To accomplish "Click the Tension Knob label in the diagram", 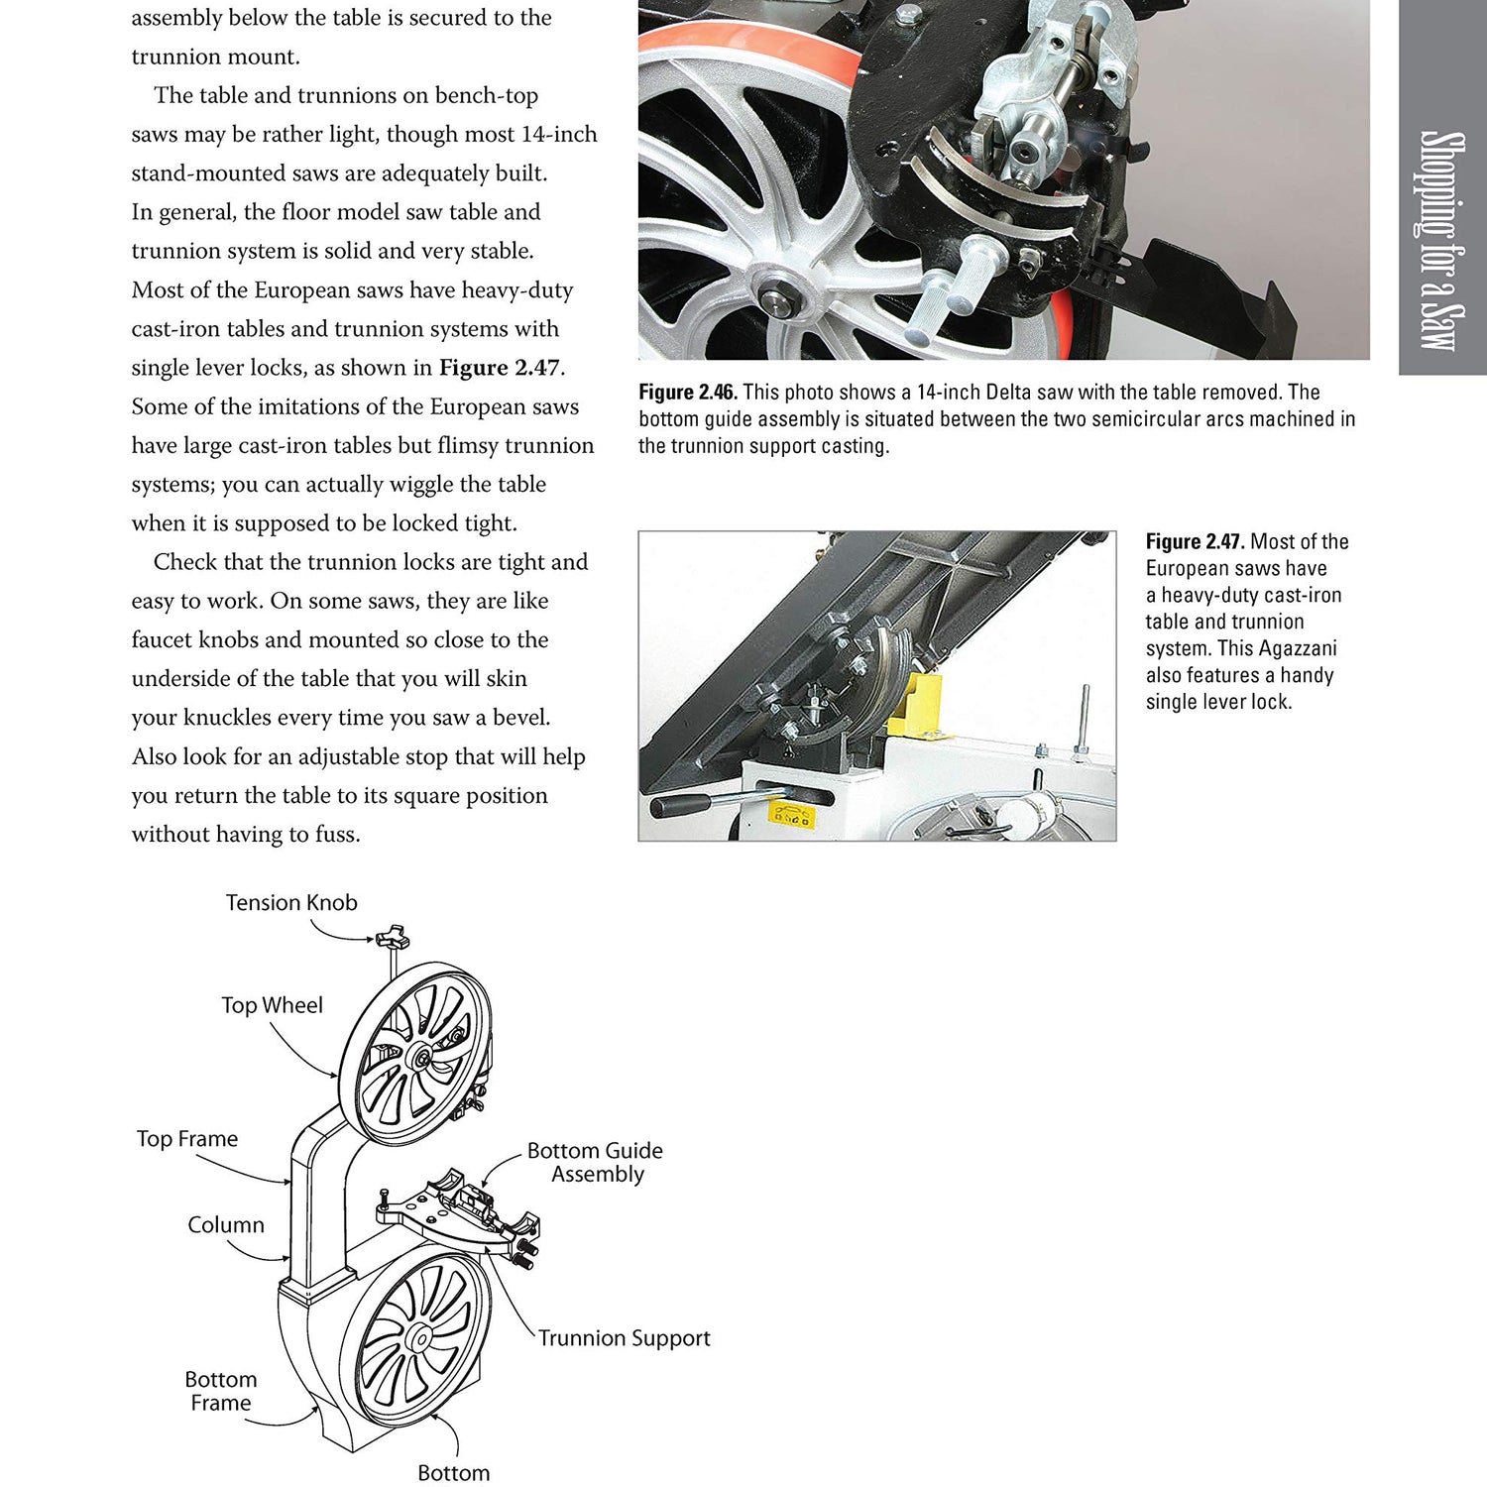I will click(x=290, y=903).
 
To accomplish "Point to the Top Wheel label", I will click(x=272, y=1005).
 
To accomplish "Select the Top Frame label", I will click(x=187, y=1139).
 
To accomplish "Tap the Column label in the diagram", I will click(x=226, y=1225).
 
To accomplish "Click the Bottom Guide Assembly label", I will click(x=595, y=1162).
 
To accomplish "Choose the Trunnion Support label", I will click(x=625, y=1338).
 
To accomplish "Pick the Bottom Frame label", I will click(x=221, y=1391).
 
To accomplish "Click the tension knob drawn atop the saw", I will click(x=393, y=936).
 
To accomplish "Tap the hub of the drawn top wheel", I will click(x=416, y=1058).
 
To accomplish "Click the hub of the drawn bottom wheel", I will click(x=420, y=1339).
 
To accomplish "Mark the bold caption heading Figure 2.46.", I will click(x=687, y=393).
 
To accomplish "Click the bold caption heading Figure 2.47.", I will click(x=1195, y=542).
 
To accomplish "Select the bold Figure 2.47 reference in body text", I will click(x=500, y=368).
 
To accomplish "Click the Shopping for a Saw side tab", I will click(x=1441, y=238).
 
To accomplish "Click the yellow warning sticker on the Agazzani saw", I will click(x=791, y=815).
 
